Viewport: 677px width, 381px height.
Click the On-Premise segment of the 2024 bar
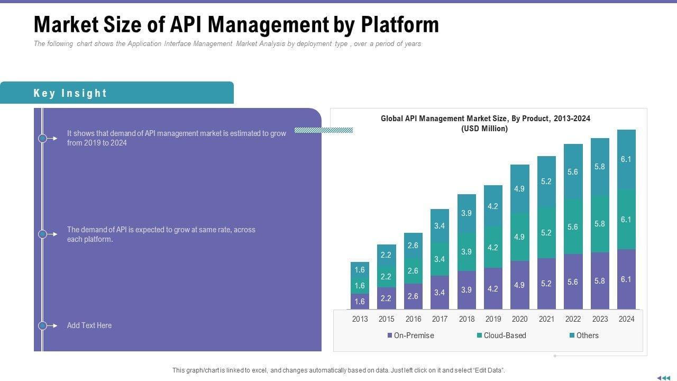[626, 279]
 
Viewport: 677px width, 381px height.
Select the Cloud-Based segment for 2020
[519, 237]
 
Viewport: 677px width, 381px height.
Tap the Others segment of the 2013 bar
[360, 270]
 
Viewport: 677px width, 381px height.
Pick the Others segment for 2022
[573, 171]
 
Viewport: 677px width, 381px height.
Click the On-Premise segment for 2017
[440, 292]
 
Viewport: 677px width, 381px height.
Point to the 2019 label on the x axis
[493, 319]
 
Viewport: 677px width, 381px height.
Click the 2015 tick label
[386, 319]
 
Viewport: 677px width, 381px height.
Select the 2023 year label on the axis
[599, 319]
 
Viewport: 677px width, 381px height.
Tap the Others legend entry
[584, 335]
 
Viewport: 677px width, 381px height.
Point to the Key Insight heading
[70, 93]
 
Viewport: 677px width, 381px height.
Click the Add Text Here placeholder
[89, 325]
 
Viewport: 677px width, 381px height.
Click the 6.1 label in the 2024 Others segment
[626, 159]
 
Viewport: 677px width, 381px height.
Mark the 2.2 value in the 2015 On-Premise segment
[386, 298]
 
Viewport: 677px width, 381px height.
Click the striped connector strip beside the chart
[324, 130]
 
